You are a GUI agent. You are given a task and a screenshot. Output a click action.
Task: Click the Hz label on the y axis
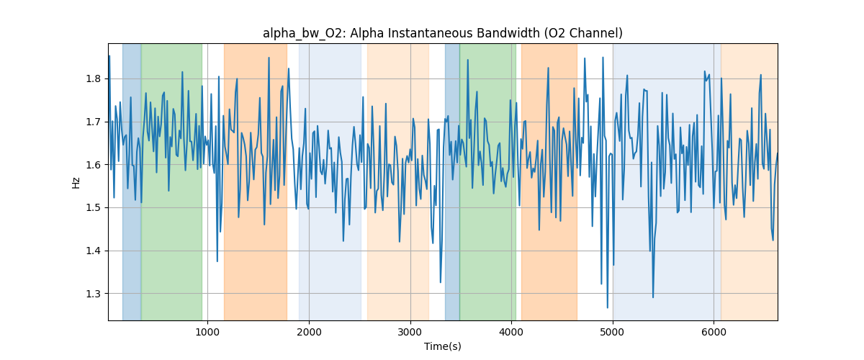click(76, 182)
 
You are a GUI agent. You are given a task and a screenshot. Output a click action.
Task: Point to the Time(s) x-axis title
click(443, 346)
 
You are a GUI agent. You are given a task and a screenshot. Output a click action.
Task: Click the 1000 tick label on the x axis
click(207, 332)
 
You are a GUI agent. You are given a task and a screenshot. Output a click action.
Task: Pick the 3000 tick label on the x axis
click(410, 332)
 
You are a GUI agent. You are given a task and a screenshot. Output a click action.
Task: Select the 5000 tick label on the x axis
click(613, 332)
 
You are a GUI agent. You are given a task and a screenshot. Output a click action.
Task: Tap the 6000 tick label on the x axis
click(714, 332)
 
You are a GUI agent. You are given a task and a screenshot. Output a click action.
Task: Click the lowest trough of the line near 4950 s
click(608, 307)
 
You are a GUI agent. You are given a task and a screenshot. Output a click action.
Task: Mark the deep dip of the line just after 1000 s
click(217, 261)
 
